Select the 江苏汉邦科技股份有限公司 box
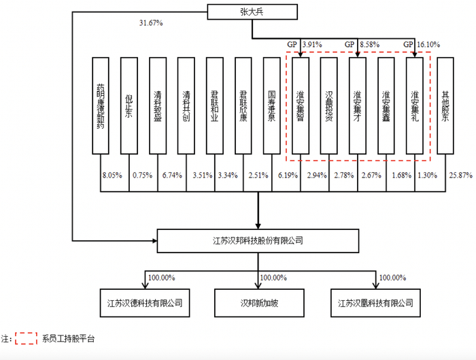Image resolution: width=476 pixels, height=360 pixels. pos(258,240)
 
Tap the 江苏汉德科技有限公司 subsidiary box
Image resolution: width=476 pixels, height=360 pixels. pos(143,302)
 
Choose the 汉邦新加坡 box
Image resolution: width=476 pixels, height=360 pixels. pos(258,302)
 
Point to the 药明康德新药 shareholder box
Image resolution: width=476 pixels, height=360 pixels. pos(101,105)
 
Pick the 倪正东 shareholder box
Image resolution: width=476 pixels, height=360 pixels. pos(129,105)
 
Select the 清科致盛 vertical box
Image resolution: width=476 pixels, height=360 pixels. pos(158,105)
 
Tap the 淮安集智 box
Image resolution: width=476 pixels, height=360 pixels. pos(301,105)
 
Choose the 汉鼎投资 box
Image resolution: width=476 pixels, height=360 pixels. pos(329,105)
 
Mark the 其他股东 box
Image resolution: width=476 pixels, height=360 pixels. pos(445,105)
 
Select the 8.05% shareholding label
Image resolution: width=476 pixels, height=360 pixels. pos(112,176)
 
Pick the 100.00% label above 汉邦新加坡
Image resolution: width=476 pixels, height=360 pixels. pos(273,278)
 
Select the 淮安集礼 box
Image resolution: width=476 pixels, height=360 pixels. pos(415,105)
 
